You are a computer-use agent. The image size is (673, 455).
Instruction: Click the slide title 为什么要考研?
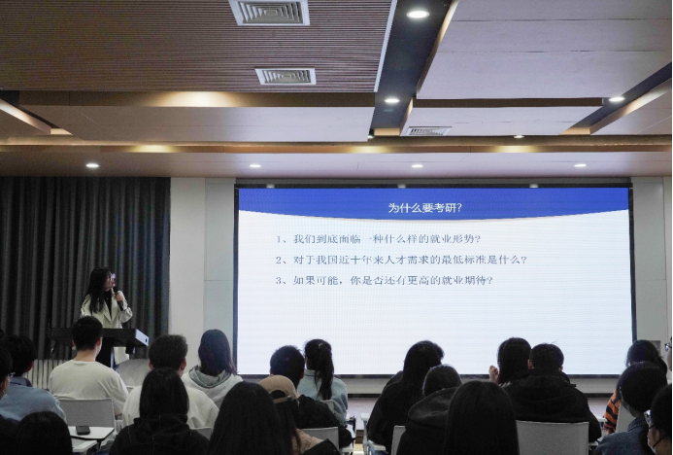425,208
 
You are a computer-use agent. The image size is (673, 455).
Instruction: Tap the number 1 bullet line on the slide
378,239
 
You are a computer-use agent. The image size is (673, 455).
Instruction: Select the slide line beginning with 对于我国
401,260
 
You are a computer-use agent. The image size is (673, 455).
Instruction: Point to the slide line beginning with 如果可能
385,281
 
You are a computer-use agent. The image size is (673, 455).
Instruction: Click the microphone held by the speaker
118,297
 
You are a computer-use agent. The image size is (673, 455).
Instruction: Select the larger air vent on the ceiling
269,12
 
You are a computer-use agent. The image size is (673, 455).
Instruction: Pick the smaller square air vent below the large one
286,76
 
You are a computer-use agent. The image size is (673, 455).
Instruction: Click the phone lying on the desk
83,430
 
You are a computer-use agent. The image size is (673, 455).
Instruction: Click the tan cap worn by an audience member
278,387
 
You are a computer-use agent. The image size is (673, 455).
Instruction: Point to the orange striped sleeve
613,410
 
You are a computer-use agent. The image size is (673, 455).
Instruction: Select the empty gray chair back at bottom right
553,437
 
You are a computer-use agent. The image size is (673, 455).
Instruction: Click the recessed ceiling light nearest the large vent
418,15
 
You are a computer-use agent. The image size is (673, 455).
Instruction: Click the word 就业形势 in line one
457,239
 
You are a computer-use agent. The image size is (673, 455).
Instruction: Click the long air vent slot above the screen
427,131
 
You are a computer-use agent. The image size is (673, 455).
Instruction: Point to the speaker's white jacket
107,311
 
